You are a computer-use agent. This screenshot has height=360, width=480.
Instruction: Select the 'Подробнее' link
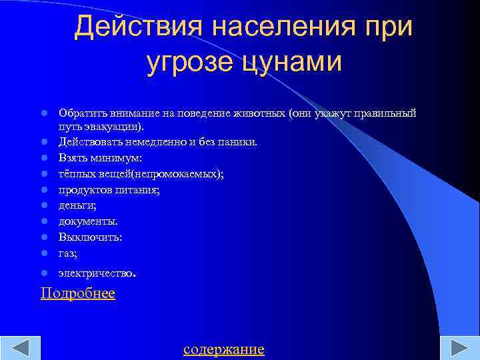point(77,293)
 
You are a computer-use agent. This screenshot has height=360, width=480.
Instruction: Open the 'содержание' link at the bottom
point(224,349)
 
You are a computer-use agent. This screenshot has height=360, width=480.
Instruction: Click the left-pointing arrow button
point(21,349)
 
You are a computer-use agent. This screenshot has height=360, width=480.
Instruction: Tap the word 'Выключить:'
point(90,237)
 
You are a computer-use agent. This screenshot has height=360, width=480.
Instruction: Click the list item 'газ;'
point(68,253)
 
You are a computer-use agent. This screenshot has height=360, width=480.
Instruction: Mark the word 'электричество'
point(96,273)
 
